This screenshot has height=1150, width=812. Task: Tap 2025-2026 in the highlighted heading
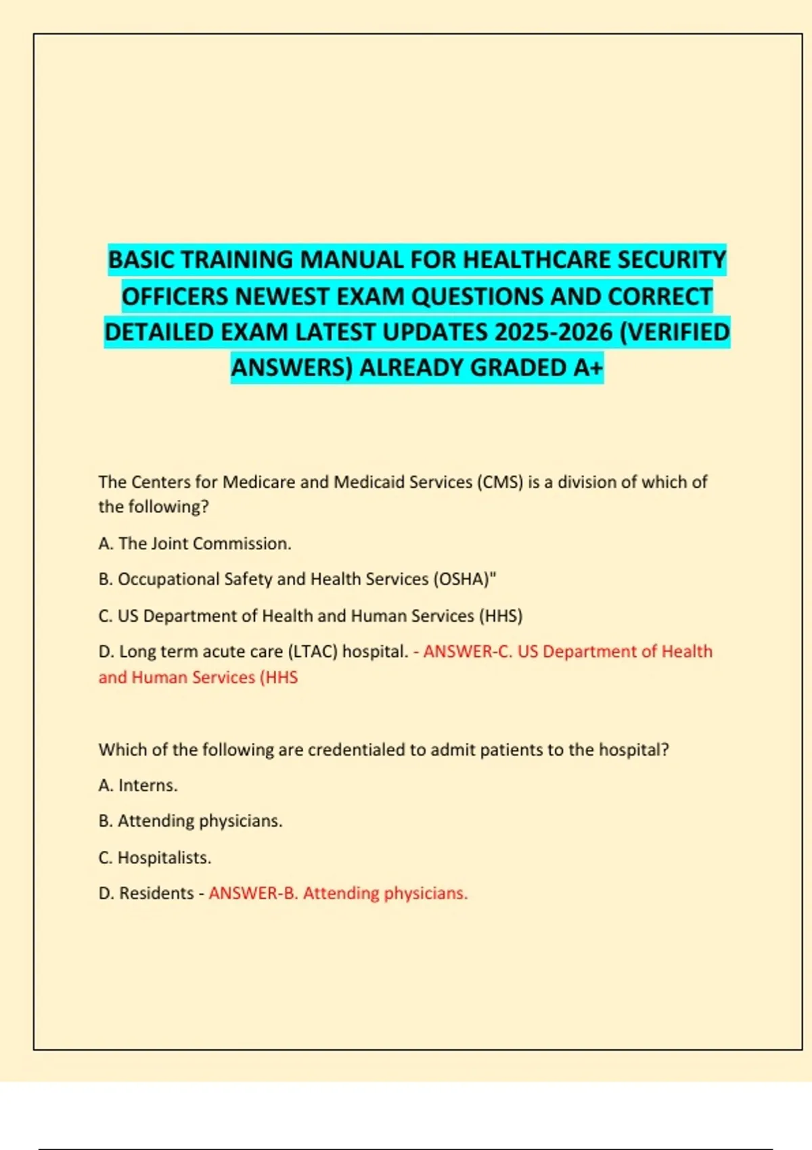click(553, 332)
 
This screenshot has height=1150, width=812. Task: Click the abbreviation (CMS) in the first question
click(500, 482)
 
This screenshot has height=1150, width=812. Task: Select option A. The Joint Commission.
click(195, 544)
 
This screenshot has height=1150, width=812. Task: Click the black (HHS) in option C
click(501, 616)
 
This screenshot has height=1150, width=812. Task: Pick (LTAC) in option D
click(313, 652)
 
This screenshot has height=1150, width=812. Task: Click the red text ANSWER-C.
click(468, 652)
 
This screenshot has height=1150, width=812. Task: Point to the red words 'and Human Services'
click(177, 678)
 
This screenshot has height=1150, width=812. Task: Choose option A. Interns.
click(138, 785)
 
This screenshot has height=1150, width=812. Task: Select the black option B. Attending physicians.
click(190, 821)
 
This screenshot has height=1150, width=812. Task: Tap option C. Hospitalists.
click(155, 858)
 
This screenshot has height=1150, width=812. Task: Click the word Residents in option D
click(156, 894)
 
